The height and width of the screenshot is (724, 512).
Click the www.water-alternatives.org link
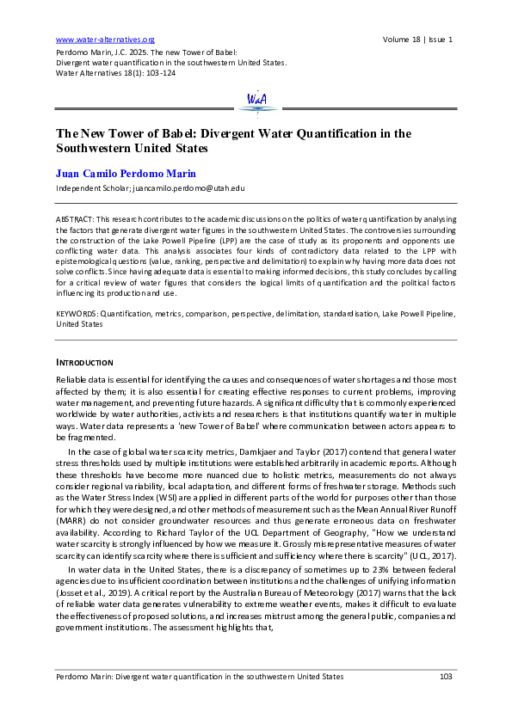point(104,40)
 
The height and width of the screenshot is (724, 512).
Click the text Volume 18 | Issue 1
point(417,40)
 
